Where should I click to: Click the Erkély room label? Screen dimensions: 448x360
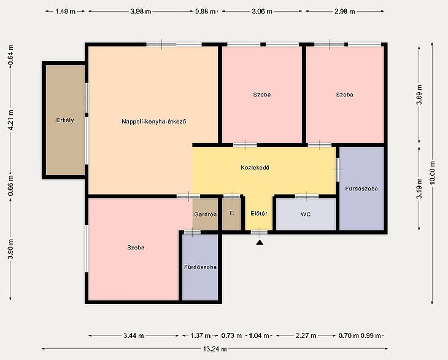pyautogui.click(x=65, y=120)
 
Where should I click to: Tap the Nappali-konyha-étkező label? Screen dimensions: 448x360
pyautogui.click(x=154, y=122)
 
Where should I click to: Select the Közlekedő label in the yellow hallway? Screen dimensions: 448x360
pyautogui.click(x=255, y=168)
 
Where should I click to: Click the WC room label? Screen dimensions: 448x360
pyautogui.click(x=306, y=214)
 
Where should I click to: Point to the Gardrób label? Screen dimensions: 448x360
pyautogui.click(x=205, y=214)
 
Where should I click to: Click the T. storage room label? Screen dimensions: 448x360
pyautogui.click(x=231, y=213)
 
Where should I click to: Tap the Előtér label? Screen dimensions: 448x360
pyautogui.click(x=259, y=213)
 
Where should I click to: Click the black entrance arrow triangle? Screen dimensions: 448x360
pyautogui.click(x=260, y=243)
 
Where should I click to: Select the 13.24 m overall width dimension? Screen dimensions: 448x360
pyautogui.click(x=215, y=349)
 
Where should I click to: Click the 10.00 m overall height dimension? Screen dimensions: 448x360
pyautogui.click(x=432, y=173)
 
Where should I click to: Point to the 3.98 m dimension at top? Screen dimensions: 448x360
pyautogui.click(x=141, y=12)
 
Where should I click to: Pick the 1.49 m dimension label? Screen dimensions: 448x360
pyautogui.click(x=65, y=12)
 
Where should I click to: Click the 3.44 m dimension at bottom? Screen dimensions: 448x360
pyautogui.click(x=134, y=335)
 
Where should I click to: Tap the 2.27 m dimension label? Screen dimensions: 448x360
pyautogui.click(x=306, y=335)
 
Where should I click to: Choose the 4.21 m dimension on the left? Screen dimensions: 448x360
pyautogui.click(x=10, y=120)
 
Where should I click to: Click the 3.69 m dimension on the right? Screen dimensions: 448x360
pyautogui.click(x=419, y=95)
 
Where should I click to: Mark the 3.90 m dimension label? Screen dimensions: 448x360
pyautogui.click(x=10, y=249)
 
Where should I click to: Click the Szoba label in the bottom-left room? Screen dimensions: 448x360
pyautogui.click(x=136, y=248)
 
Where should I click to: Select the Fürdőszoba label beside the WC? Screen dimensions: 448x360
pyautogui.click(x=361, y=189)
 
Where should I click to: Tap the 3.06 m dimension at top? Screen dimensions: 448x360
pyautogui.click(x=261, y=12)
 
